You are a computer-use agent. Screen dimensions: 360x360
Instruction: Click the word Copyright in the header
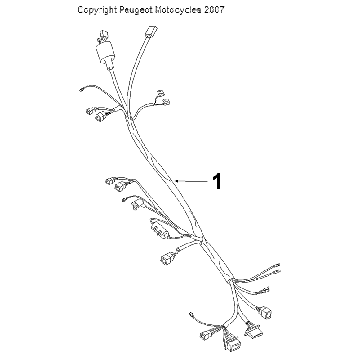(x=97, y=10)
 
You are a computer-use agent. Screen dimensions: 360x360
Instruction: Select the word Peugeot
(x=135, y=10)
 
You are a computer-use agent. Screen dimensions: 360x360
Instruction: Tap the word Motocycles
(x=178, y=10)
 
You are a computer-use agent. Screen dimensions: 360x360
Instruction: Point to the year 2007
(x=214, y=10)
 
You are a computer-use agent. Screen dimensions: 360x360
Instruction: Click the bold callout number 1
(x=217, y=181)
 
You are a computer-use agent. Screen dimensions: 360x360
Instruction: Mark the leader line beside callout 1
(x=192, y=181)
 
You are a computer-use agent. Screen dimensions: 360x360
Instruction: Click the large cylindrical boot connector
(x=106, y=55)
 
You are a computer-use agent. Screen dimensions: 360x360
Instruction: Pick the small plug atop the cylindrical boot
(x=104, y=35)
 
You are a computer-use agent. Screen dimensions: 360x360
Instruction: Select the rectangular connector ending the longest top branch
(x=150, y=31)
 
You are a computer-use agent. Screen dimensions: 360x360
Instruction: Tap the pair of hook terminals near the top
(x=162, y=98)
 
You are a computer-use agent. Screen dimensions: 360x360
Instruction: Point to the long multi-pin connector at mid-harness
(x=158, y=228)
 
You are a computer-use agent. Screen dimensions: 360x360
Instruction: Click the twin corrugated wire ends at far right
(x=267, y=271)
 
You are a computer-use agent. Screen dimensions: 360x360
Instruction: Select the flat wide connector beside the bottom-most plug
(x=253, y=331)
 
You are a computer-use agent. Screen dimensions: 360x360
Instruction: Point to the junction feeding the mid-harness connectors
(x=199, y=239)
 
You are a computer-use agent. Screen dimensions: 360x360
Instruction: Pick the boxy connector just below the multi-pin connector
(x=167, y=258)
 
